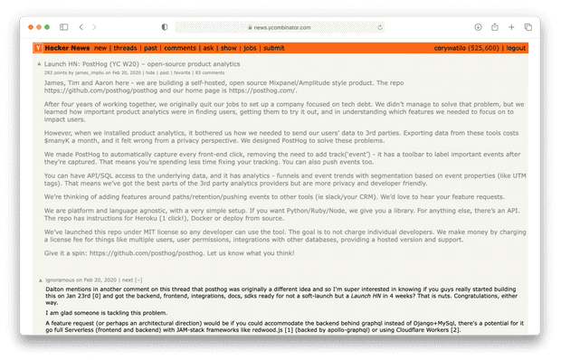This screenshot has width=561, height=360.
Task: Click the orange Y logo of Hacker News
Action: pos(37,47)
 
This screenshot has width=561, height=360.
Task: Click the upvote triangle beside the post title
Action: pos(37,64)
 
